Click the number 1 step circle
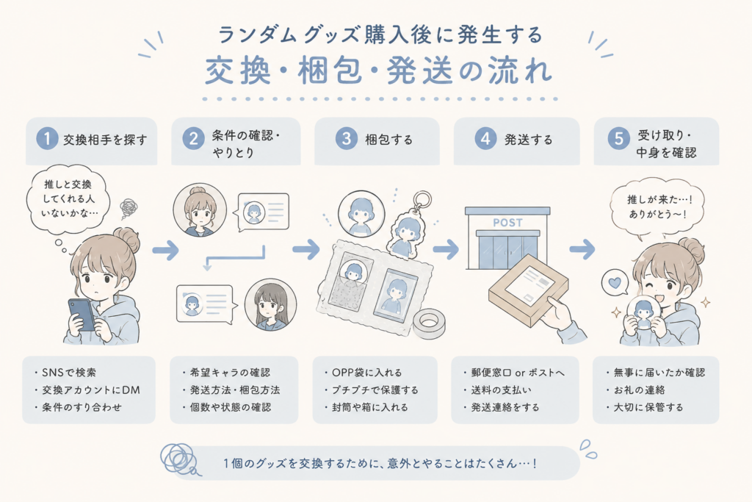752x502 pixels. (47, 139)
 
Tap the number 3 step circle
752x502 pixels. (347, 139)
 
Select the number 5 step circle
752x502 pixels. (618, 139)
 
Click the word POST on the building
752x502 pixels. (507, 223)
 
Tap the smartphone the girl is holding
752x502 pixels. (82, 315)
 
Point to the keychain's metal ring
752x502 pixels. (422, 201)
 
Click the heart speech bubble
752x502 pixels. (615, 282)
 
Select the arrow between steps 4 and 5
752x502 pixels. (582, 249)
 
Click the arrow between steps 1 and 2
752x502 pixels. (165, 250)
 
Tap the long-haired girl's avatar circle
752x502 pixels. (270, 304)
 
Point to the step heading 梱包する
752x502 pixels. (389, 140)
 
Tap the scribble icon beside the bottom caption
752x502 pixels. (178, 459)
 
